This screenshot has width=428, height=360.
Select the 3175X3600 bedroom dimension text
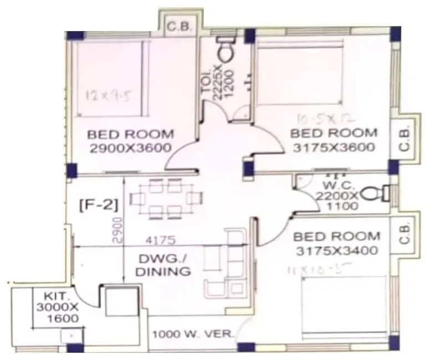click(334, 147)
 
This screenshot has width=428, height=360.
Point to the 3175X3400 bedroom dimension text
click(338, 250)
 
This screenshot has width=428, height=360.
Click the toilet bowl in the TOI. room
click(226, 50)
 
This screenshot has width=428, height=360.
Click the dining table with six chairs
click(167, 198)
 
